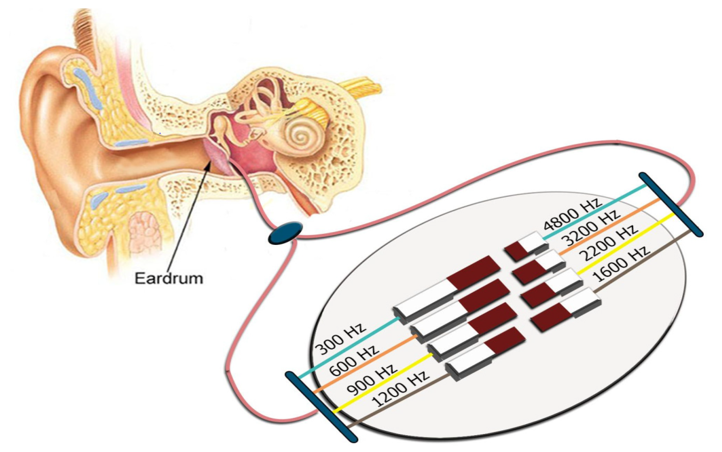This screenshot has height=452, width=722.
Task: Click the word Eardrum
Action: pos(169,278)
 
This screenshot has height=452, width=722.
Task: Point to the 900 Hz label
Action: pos(372,379)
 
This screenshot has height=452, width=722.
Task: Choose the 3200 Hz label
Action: pos(592,227)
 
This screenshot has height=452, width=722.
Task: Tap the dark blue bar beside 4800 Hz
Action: pos(671,204)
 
